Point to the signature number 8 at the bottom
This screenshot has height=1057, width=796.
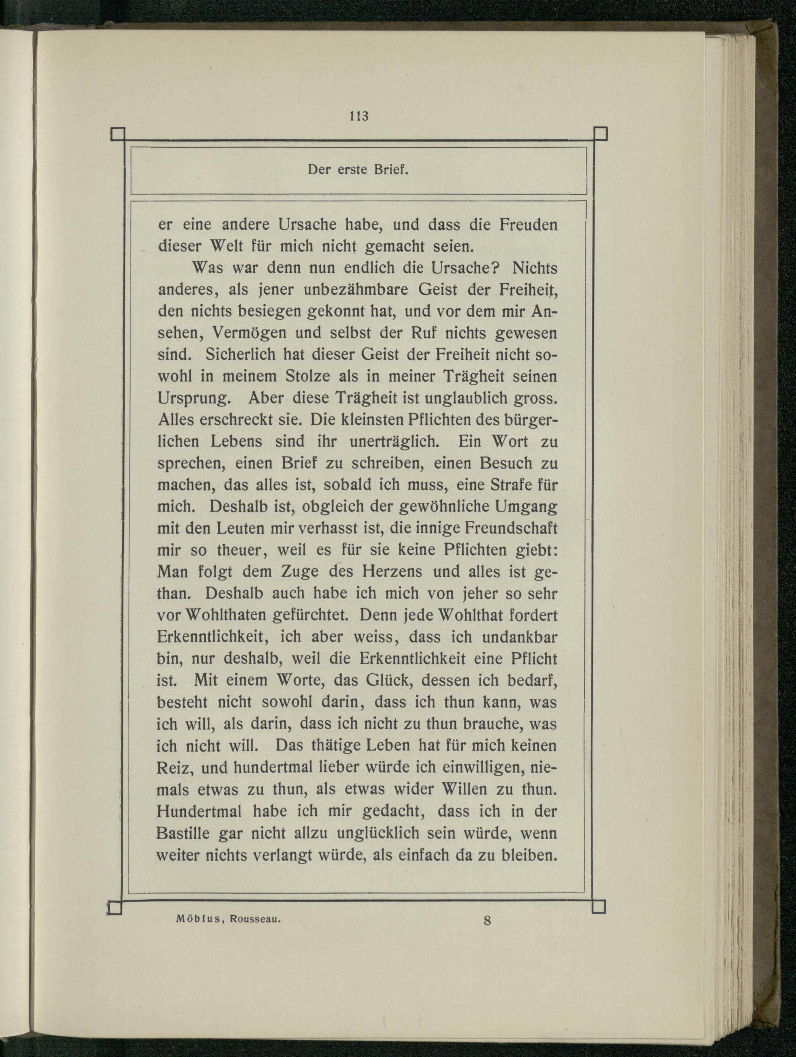487,934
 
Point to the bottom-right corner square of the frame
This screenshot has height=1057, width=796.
599,907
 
